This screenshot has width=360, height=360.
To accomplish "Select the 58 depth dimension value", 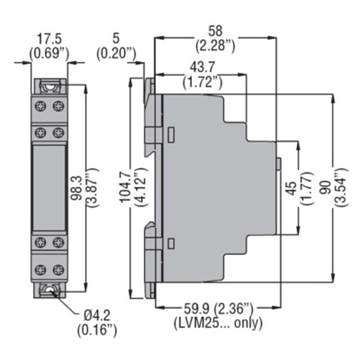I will pos(215,31).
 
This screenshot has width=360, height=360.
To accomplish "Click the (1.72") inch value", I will pos(202,81).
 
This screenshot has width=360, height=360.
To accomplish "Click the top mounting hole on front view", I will pos(49,85).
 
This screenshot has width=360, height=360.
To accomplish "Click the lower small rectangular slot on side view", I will pos(171,243).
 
